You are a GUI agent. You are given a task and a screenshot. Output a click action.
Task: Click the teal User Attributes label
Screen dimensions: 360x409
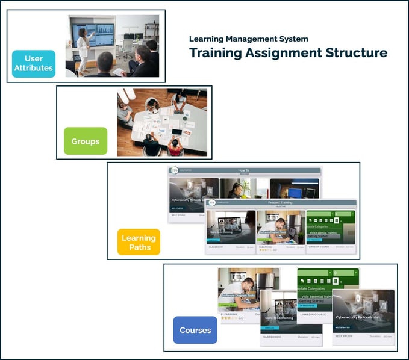[x=34, y=64]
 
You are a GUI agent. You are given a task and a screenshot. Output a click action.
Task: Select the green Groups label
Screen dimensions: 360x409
[x=86, y=141]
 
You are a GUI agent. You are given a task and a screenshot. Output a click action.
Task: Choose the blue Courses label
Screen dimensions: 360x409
[x=195, y=330]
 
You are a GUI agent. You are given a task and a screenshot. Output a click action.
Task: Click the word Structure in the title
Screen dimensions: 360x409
[x=355, y=52]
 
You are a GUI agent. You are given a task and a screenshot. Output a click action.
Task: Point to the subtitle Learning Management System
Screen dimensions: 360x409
[x=249, y=39]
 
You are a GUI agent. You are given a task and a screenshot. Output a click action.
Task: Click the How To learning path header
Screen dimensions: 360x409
[x=243, y=170]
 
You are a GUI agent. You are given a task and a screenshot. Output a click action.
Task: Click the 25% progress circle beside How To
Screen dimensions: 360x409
[x=175, y=170]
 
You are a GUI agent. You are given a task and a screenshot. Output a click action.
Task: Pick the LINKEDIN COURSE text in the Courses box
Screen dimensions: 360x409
[x=312, y=314]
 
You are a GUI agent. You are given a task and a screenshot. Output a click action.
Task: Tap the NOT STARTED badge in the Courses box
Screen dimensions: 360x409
[x=342, y=327]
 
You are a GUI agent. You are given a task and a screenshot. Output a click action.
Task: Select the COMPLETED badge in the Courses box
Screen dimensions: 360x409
[x=227, y=305]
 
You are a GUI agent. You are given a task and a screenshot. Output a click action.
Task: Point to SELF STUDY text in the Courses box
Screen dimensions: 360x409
[x=343, y=337]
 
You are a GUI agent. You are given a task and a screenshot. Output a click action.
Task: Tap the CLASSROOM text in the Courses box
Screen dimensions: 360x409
[x=272, y=337]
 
